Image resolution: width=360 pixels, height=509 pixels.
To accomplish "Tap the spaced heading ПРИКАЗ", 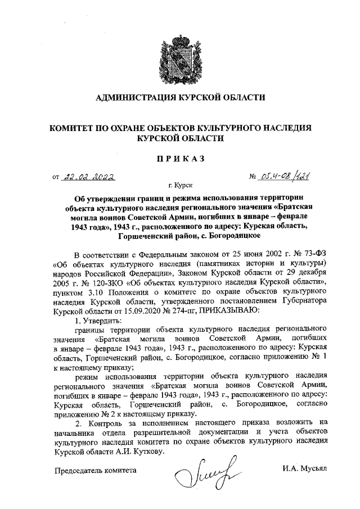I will [180, 160].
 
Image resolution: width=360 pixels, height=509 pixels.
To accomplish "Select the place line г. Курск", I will [179, 184].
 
